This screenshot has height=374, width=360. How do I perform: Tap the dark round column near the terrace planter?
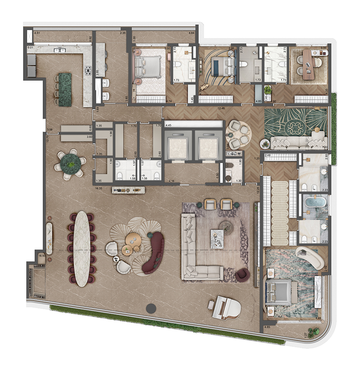click(x=151, y=309)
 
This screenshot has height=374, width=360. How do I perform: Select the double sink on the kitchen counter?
click(x=59, y=50)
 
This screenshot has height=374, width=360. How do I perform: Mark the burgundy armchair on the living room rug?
click(x=242, y=274)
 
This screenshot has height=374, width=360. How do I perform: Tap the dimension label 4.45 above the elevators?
click(x=168, y=126)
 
